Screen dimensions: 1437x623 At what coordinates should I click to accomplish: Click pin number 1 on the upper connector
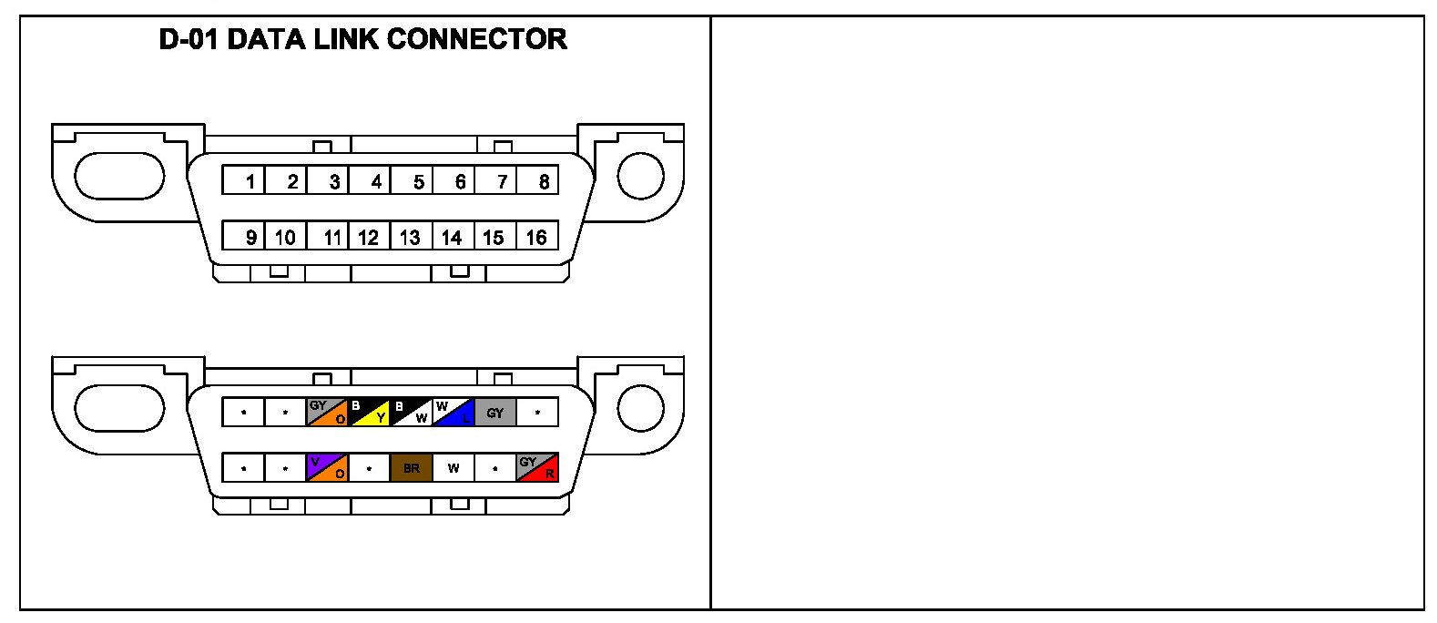[244, 180]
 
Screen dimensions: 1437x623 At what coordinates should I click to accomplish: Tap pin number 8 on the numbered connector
[538, 180]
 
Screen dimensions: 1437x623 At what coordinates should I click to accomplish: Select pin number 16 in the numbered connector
[537, 237]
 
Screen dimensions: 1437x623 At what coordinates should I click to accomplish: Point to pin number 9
[244, 237]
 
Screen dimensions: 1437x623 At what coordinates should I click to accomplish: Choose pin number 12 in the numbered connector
[369, 237]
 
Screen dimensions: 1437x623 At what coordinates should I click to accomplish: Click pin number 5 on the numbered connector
[412, 180]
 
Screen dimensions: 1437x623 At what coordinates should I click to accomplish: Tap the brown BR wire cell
[412, 468]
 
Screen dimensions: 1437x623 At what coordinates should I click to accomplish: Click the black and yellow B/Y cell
[369, 412]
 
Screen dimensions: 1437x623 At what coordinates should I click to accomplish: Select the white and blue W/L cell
[454, 412]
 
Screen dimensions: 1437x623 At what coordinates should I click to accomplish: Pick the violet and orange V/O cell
[327, 468]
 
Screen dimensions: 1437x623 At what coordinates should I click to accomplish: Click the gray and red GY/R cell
[537, 468]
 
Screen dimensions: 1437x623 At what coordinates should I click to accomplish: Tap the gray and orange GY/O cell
[327, 412]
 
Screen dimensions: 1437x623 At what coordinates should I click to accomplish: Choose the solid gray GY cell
[495, 412]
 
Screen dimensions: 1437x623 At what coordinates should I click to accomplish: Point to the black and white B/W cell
[411, 412]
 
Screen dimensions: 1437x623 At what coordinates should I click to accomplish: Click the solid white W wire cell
[454, 468]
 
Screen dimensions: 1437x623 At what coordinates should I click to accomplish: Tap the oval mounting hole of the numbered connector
[118, 176]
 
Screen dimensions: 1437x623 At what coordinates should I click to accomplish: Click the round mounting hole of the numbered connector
[640, 176]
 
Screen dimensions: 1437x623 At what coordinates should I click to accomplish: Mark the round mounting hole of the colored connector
[640, 407]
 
